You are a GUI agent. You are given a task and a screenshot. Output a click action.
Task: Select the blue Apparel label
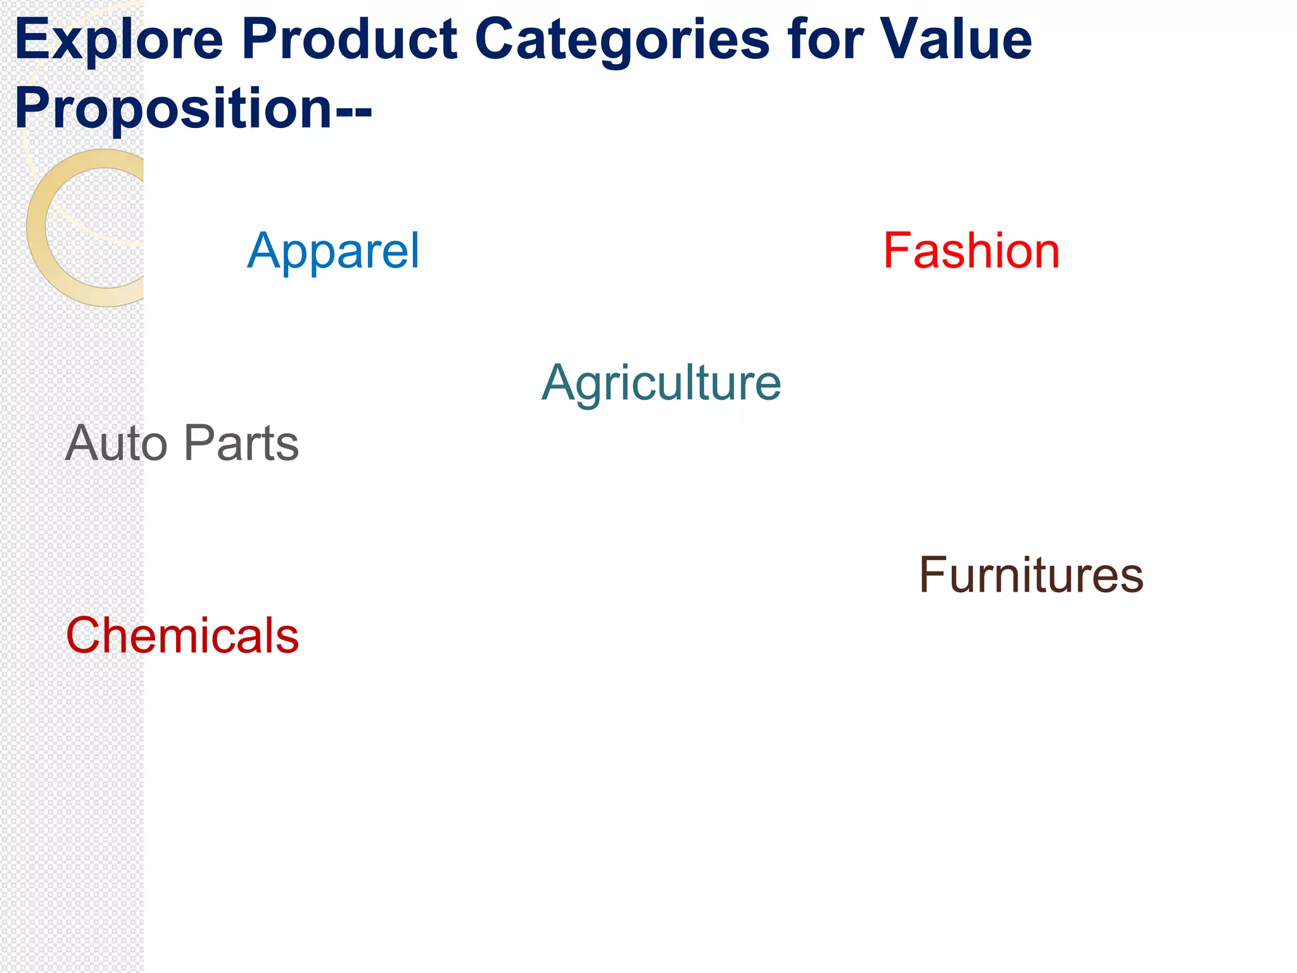333,252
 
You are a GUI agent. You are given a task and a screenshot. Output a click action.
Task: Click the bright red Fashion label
971,251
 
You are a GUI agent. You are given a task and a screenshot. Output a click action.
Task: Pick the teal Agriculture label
661,384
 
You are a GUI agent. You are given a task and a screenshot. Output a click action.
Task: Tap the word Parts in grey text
241,443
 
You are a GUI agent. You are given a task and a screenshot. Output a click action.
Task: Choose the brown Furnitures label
1030,575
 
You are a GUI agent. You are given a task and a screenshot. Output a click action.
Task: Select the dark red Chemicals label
182,635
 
